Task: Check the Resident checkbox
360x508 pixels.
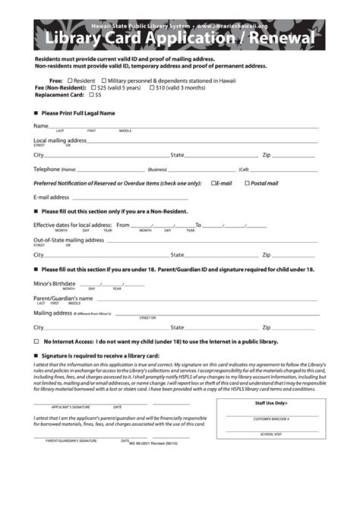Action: pos(70,80)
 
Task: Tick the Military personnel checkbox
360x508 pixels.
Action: pos(103,80)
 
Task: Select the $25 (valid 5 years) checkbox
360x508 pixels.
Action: pos(70,87)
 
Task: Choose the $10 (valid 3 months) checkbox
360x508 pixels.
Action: pos(150,87)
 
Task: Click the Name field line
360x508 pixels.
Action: pos(182,128)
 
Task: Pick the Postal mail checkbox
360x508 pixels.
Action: pos(247,183)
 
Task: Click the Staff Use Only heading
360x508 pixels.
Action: pos(270,403)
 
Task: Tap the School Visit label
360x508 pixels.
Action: pos(270,434)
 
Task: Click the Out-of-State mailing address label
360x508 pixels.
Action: pos(68,240)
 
